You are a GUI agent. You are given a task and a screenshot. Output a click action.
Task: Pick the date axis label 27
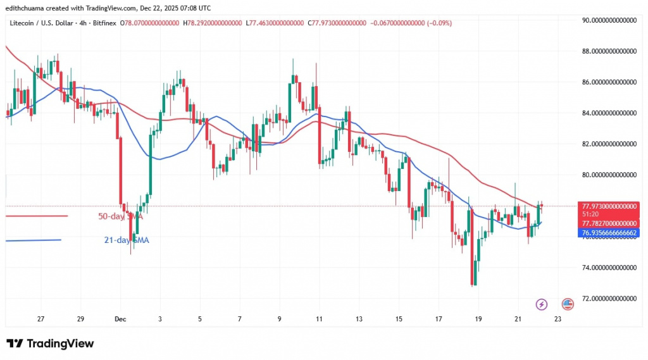41,320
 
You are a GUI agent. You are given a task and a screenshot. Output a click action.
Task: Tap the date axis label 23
557,320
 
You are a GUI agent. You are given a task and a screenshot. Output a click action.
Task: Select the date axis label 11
319,320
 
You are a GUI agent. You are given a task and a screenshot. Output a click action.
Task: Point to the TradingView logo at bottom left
51,344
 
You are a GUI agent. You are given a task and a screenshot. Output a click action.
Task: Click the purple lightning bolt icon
541,305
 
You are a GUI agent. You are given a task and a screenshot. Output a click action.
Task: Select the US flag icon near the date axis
567,305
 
